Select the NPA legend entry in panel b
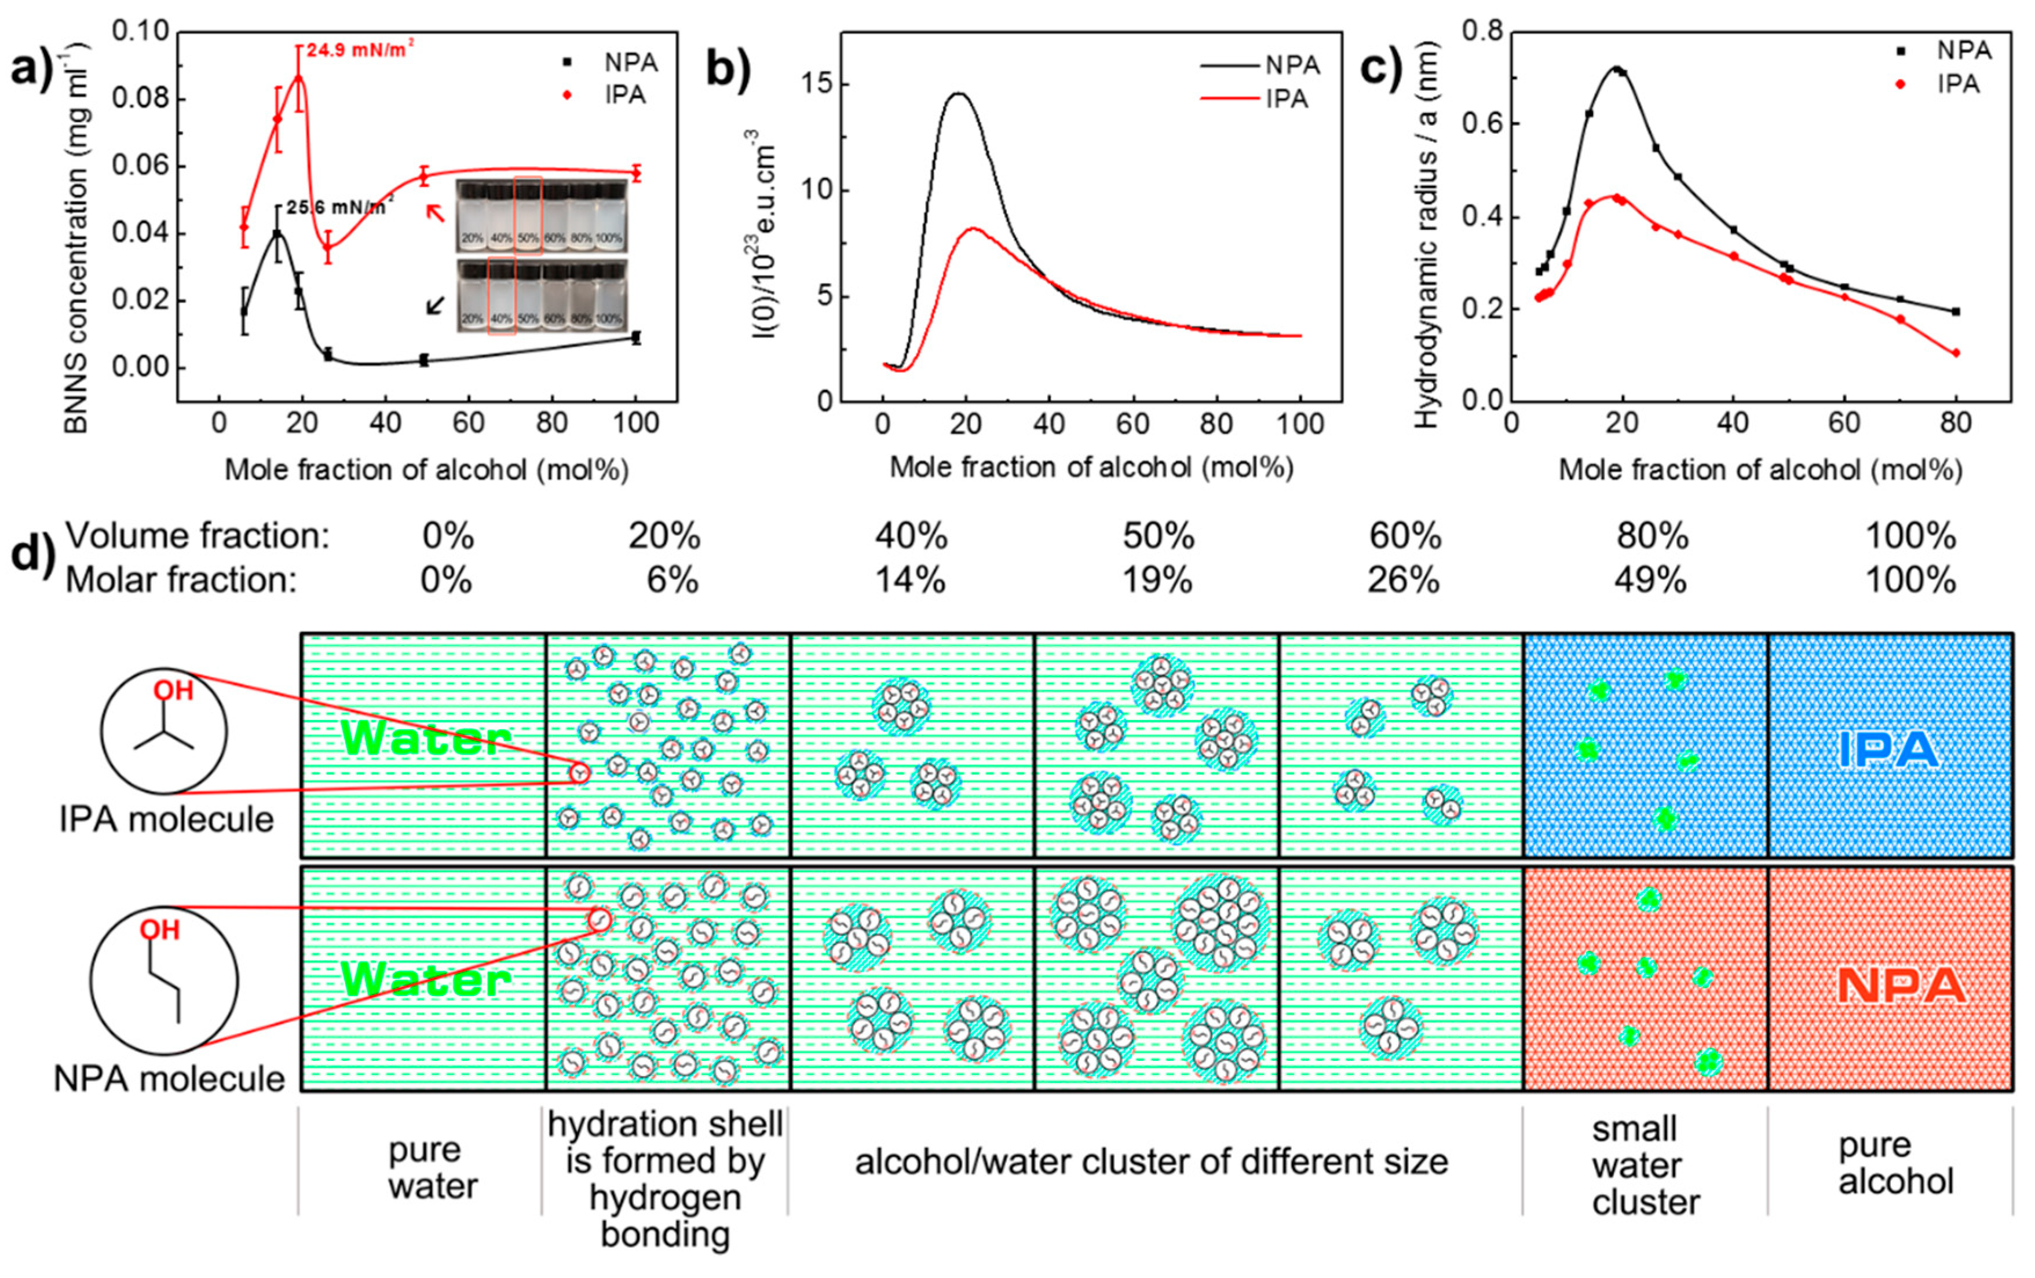click(1291, 65)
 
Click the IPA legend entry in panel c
click(1958, 83)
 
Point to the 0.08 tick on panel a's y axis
click(140, 99)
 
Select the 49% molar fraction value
click(1650, 581)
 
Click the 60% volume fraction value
click(1405, 535)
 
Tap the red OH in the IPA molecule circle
click(173, 691)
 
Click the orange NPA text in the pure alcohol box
click(1901, 986)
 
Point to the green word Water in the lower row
click(425, 980)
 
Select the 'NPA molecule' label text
click(169, 1079)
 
